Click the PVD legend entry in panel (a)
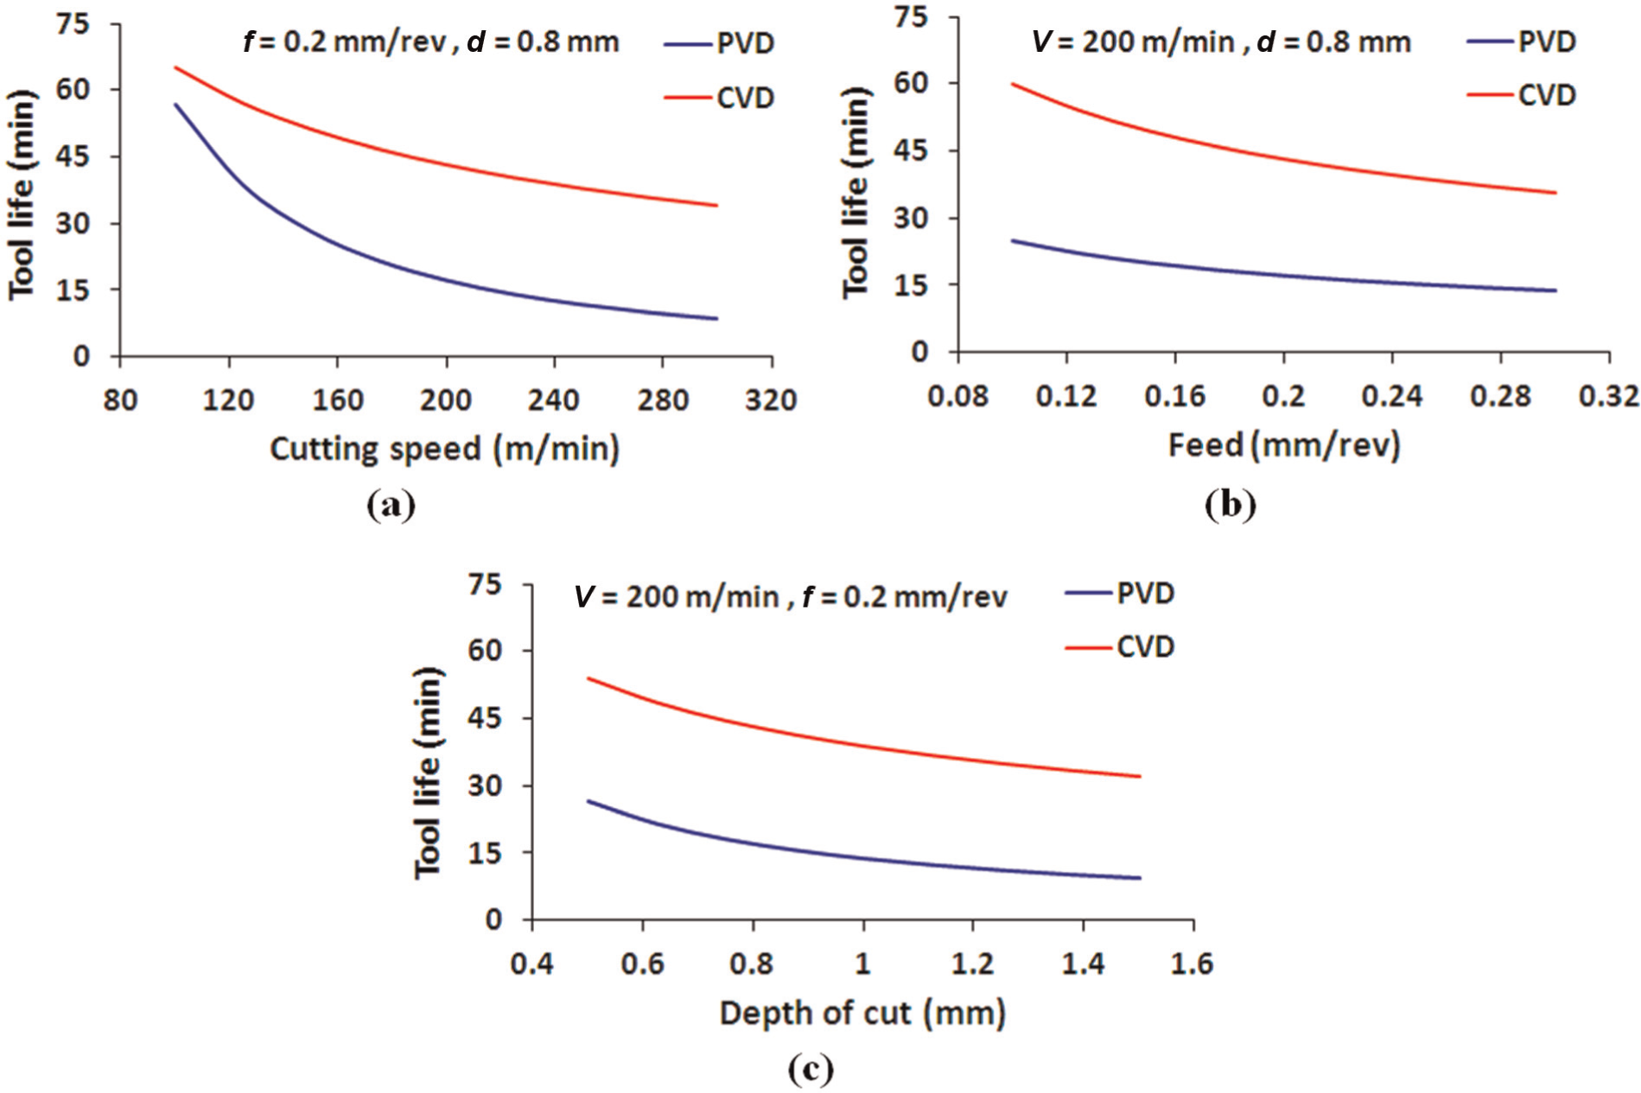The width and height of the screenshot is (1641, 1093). [719, 43]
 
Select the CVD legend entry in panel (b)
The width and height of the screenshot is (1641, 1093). [1521, 95]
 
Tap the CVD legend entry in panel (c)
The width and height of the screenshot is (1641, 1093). [1119, 647]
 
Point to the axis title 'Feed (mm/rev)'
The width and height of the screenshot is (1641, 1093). [1284, 446]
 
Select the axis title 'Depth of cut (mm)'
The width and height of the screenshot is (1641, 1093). [862, 1014]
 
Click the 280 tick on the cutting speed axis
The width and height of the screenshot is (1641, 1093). [663, 400]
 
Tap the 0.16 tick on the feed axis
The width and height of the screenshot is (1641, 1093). [1174, 397]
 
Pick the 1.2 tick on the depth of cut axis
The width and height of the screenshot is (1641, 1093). [973, 963]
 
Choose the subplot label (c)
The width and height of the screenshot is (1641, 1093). [811, 1070]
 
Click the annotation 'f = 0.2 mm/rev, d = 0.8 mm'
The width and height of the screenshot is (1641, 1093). [431, 42]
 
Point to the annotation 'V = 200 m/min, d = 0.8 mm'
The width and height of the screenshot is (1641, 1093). [1221, 41]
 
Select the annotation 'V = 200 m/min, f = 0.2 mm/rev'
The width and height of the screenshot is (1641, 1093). [791, 596]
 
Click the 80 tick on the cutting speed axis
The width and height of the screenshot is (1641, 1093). [120, 400]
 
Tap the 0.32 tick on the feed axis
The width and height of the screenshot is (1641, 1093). [1609, 397]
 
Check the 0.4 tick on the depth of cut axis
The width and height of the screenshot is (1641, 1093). [531, 963]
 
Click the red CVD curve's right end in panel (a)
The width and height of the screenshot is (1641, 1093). [717, 206]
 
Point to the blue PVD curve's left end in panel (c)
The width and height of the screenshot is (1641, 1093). [588, 801]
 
